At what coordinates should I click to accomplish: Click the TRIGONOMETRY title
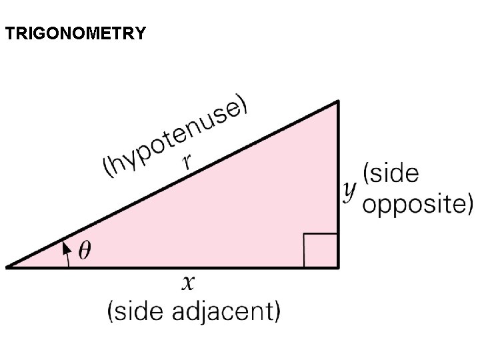tap(75, 33)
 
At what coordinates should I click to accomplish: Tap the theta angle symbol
tap(85, 251)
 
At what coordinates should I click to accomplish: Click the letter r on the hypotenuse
tap(189, 161)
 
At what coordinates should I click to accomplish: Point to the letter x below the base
tap(189, 283)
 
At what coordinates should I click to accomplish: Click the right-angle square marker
tap(321, 250)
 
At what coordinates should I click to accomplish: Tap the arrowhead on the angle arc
tap(65, 247)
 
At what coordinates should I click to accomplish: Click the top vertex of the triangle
tap(339, 102)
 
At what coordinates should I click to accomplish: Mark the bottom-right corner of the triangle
tap(339, 267)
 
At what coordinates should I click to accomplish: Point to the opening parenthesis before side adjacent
tap(111, 311)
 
